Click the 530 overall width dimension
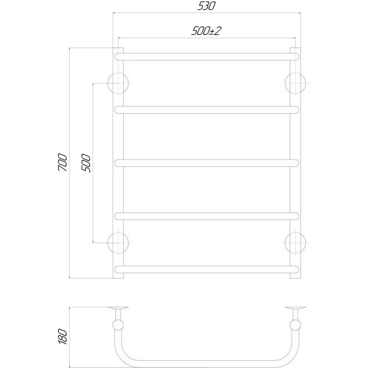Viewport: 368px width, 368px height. point(206,6)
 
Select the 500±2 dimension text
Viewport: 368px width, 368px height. point(206,31)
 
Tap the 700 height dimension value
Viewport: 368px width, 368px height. point(63,162)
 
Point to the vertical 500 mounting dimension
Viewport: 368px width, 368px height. point(86,163)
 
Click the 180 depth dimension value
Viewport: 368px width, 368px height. point(63,337)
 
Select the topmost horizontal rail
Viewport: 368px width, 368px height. point(207,57)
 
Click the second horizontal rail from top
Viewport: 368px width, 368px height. point(207,110)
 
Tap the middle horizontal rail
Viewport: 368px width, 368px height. point(207,163)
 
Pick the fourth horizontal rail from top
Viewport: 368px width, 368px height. point(207,216)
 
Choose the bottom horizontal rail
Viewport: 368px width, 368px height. point(207,269)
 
